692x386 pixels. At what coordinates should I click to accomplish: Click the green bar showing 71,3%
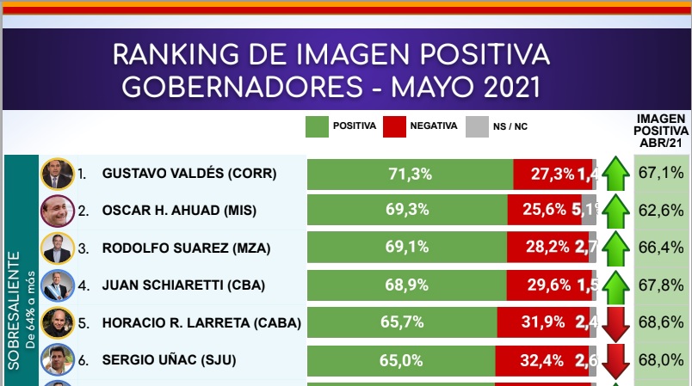tap(410, 174)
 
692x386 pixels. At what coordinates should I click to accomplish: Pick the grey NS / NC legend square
tap(476, 126)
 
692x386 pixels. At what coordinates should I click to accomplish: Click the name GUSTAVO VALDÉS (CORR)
tap(188, 174)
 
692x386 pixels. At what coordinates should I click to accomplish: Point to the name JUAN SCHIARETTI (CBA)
tap(183, 285)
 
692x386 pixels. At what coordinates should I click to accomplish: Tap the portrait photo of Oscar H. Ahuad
tap(56, 211)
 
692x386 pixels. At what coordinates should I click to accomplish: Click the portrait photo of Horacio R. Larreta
tap(56, 323)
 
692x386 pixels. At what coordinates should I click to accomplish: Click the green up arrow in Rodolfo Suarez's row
tap(615, 248)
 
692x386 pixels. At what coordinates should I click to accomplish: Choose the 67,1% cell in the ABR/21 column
tap(661, 174)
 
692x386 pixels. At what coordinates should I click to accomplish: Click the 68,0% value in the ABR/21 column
tap(661, 360)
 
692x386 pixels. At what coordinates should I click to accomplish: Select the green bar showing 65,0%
tap(407, 360)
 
